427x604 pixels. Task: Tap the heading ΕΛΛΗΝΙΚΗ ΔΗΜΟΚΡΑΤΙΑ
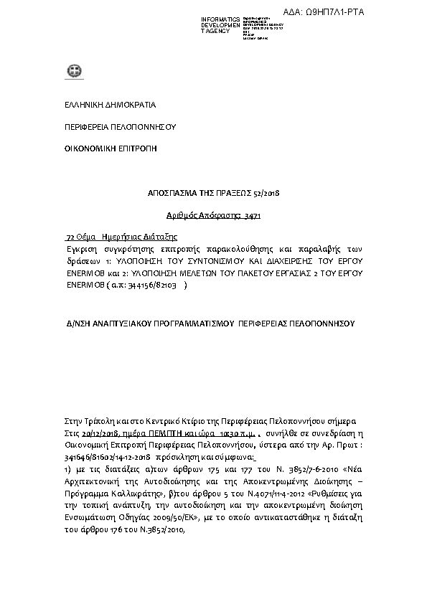[x=110, y=105]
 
